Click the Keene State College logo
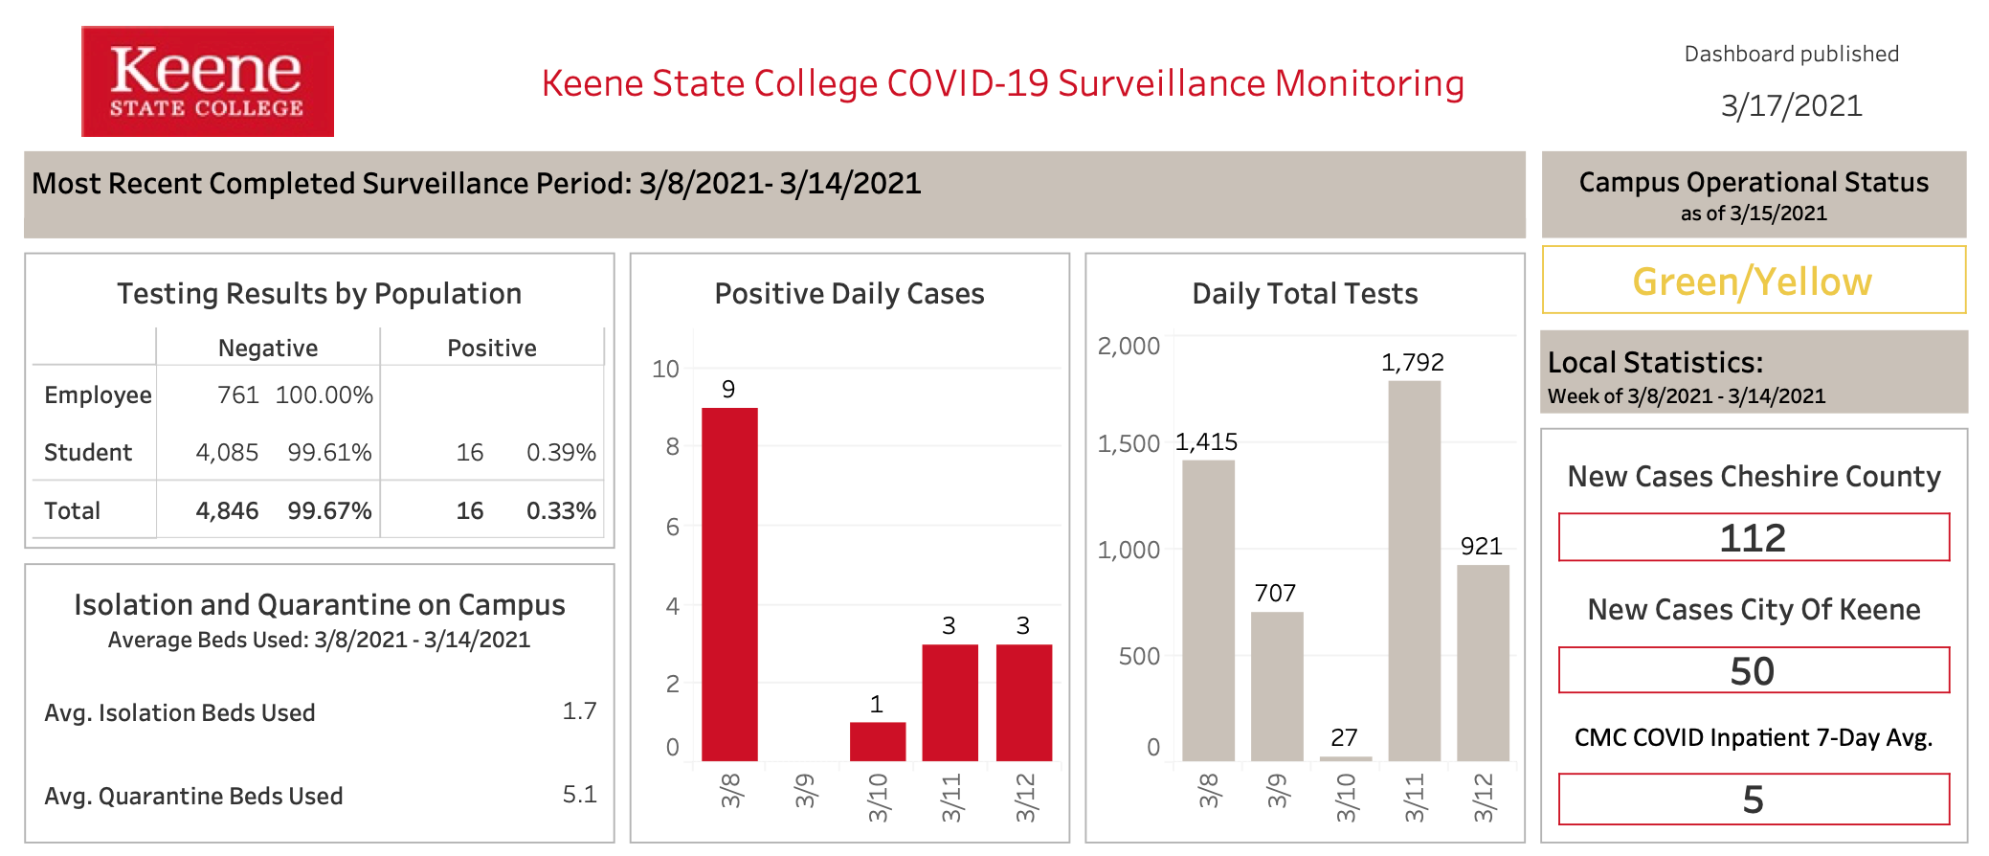[x=208, y=81]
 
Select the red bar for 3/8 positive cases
[x=729, y=584]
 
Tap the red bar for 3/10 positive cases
[x=878, y=742]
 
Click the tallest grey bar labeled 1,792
[x=1415, y=571]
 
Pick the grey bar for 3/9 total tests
[x=1277, y=687]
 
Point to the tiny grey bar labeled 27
[x=1346, y=758]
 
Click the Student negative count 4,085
[x=227, y=453]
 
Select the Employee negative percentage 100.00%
[x=324, y=395]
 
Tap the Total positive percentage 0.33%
[x=561, y=511]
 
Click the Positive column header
[x=492, y=349]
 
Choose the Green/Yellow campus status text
[x=1753, y=282]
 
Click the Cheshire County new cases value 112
[x=1753, y=538]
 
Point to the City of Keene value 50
[x=1753, y=671]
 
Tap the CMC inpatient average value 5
[x=1753, y=800]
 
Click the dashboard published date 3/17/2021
[x=1791, y=105]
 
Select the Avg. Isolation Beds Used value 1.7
[x=579, y=711]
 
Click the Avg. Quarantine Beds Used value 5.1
[x=579, y=795]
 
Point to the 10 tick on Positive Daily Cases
[x=665, y=369]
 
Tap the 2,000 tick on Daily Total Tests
[x=1129, y=347]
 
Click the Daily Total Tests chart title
[x=1305, y=294]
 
